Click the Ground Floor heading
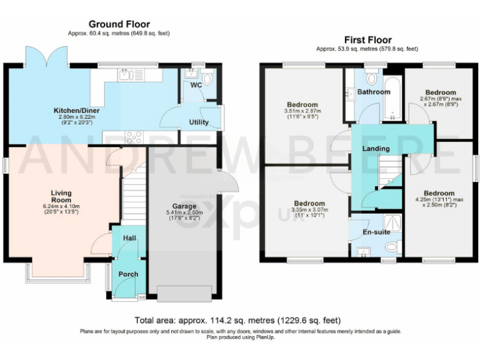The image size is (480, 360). tap(119, 24)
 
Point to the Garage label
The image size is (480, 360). tap(184, 206)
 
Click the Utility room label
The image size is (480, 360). tap(199, 122)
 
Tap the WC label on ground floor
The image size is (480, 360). tap(196, 84)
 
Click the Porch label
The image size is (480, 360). tap(128, 274)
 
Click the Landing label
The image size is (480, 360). tap(376, 149)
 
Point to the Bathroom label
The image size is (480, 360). tap(374, 92)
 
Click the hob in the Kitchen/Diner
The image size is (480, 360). tap(134, 137)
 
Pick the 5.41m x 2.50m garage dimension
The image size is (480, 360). tap(184, 216)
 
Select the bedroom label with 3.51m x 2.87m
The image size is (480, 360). tap(302, 104)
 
